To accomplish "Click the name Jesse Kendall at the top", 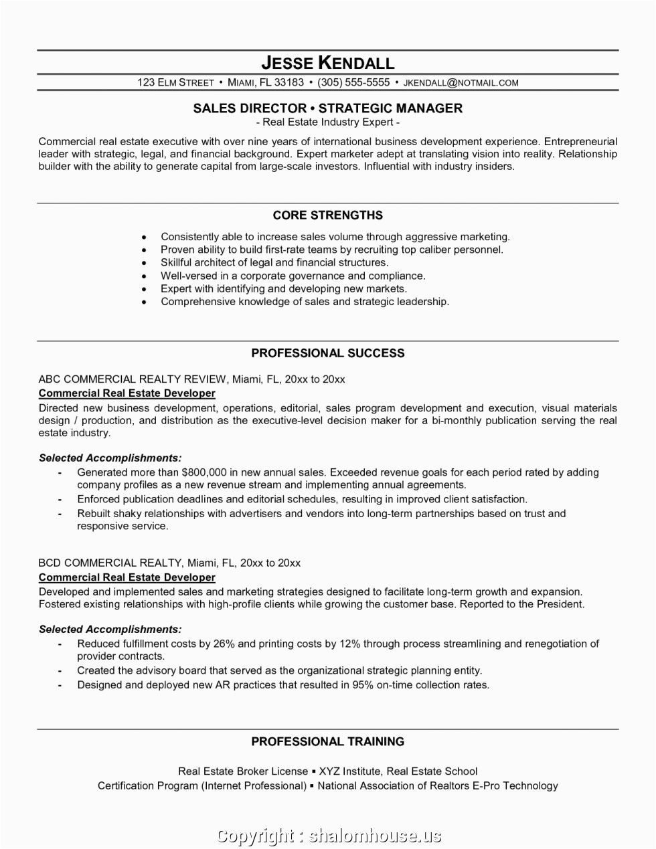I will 327,63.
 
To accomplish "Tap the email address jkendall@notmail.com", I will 461,83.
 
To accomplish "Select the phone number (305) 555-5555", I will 353,83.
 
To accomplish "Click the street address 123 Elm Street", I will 175,83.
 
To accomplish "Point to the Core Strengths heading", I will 327,215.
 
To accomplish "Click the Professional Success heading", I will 327,353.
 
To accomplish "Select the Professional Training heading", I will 327,741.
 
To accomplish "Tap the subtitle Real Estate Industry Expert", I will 327,122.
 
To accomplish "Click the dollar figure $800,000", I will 204,472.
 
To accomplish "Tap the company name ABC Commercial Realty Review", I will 133,379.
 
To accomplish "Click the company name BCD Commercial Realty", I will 110,563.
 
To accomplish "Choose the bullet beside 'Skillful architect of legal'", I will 144,263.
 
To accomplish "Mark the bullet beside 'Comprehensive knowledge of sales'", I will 144,302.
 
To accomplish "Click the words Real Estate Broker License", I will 243,771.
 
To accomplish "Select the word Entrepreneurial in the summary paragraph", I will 580,142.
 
